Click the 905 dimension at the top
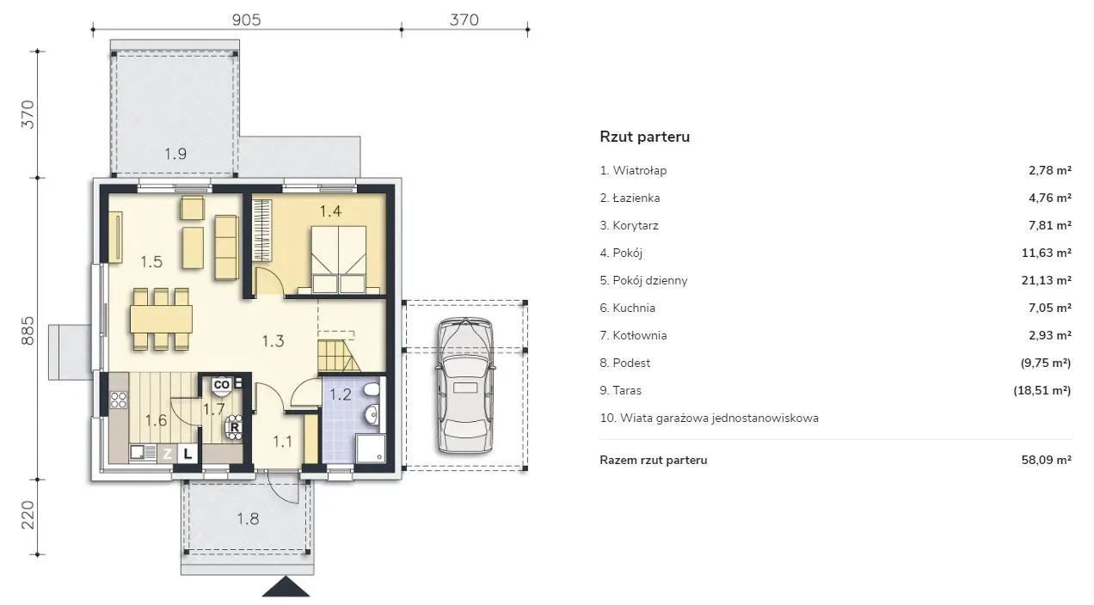click(246, 20)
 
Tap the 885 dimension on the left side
click(28, 330)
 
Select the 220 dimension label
click(28, 515)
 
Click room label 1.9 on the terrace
click(175, 154)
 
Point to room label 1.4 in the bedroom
click(330, 211)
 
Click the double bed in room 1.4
click(339, 260)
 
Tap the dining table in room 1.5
click(161, 319)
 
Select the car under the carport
click(465, 385)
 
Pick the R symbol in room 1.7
click(235, 427)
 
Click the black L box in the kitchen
click(187, 455)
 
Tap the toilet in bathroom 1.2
click(372, 390)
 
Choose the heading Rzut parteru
click(645, 137)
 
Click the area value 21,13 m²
click(1046, 280)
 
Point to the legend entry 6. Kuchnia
click(627, 308)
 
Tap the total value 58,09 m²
click(1046, 460)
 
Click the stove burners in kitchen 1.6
click(118, 400)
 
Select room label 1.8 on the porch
click(248, 519)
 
